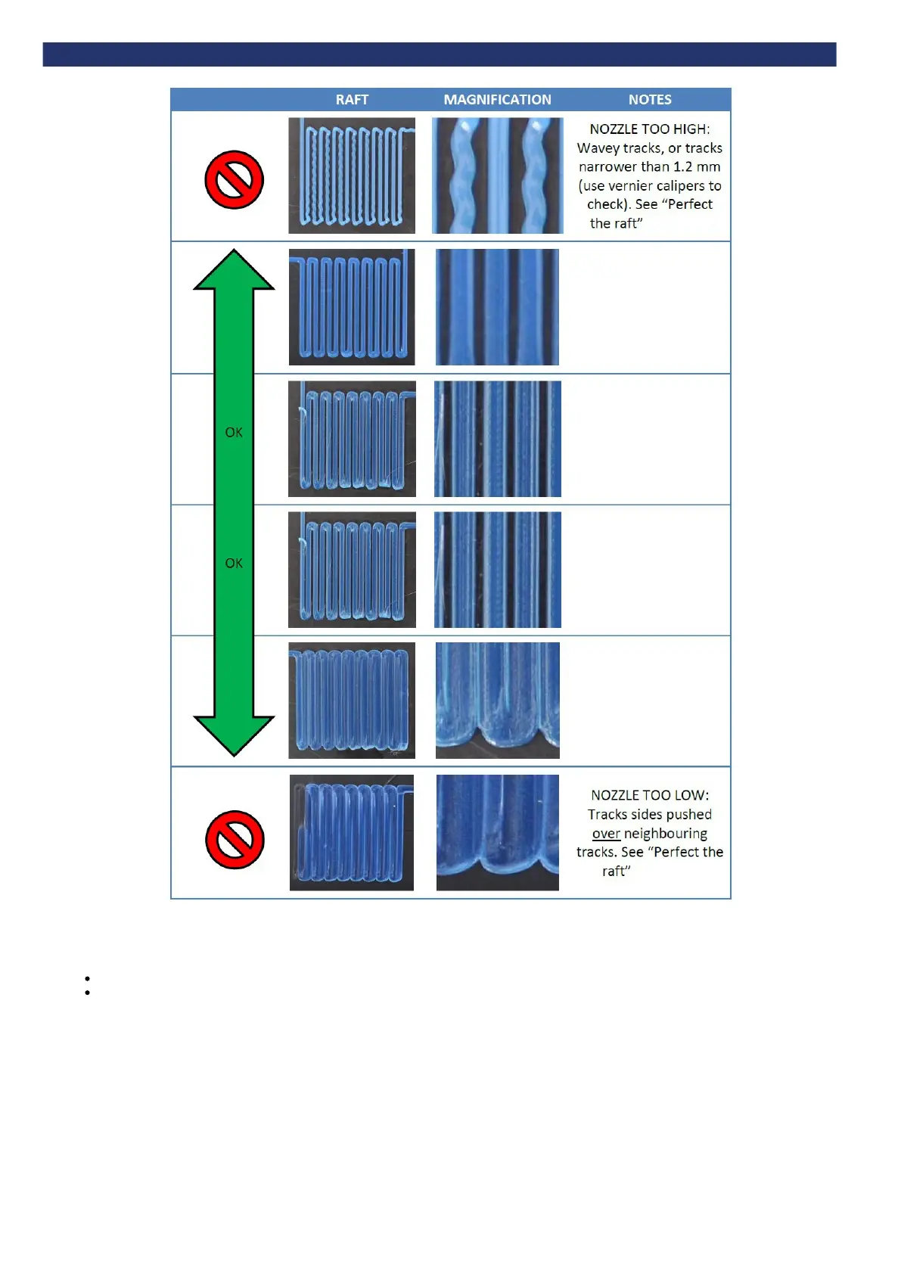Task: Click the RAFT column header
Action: (x=352, y=100)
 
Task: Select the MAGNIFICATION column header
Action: (x=497, y=100)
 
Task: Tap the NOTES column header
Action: (x=650, y=100)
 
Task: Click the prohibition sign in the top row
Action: (x=235, y=180)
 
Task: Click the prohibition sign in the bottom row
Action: (x=235, y=840)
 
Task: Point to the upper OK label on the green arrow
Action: (x=234, y=433)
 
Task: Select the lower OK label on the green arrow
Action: (x=234, y=564)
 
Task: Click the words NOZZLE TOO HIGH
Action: (x=649, y=129)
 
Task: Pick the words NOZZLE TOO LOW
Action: (x=649, y=795)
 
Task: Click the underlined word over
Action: (x=606, y=834)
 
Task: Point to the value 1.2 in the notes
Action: (x=683, y=167)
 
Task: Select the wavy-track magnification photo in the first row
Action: (x=497, y=176)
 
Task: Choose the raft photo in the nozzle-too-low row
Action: (x=352, y=832)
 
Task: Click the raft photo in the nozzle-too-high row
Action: (x=352, y=176)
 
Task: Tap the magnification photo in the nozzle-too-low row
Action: (x=497, y=832)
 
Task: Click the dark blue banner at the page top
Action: (x=439, y=54)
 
